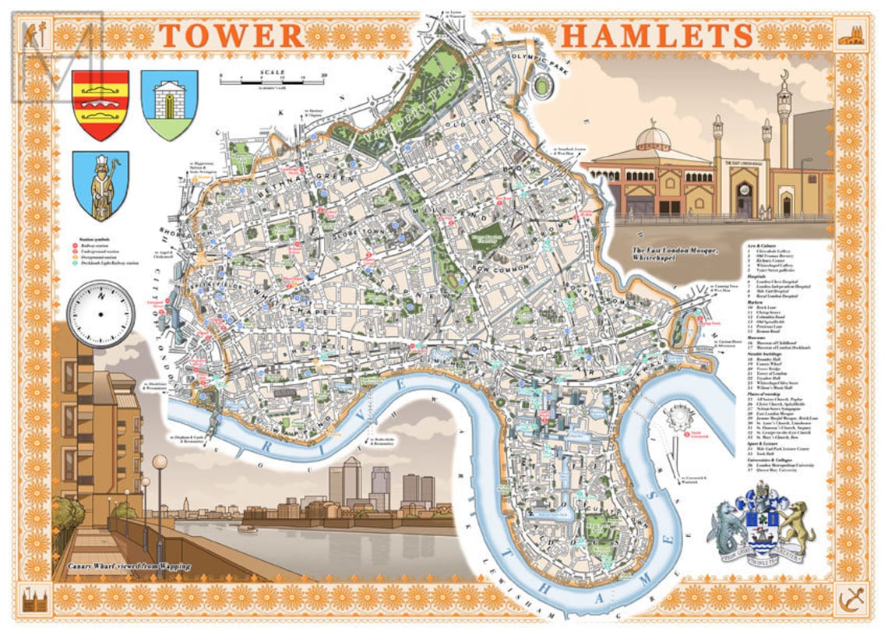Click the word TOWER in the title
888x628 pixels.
coord(231,35)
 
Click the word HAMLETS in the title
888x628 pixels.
coord(657,35)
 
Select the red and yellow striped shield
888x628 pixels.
coord(100,104)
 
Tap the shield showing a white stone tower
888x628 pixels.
coord(169,104)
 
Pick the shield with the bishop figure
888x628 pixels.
coord(100,186)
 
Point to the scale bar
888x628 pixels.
coord(273,79)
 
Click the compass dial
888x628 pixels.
coord(100,314)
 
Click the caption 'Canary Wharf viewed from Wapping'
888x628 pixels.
coord(129,566)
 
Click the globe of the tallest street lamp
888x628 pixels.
coord(160,461)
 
